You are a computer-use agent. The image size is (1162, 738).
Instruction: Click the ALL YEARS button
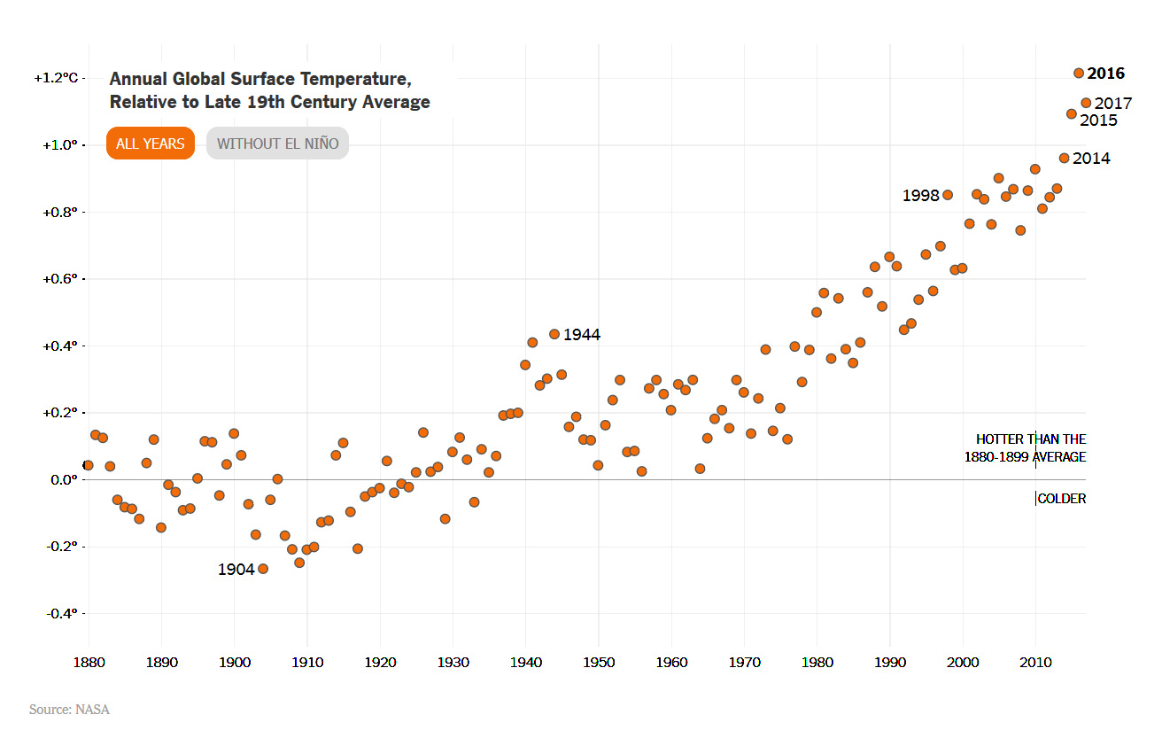151,144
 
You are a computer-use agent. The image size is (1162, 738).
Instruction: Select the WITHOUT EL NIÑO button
277,144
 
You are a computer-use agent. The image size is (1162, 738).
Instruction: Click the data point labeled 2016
1079,74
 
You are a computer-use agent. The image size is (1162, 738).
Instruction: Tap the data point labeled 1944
554,334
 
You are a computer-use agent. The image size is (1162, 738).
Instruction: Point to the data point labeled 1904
262,569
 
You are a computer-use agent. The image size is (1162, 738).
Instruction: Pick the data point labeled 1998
948,195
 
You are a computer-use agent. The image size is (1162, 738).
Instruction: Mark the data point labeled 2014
1065,158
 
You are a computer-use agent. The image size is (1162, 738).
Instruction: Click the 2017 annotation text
1113,104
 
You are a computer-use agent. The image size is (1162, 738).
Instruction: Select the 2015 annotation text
1098,120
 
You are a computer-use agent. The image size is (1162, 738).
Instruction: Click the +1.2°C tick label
57,78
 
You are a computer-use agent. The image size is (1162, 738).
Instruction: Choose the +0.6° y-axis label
60,279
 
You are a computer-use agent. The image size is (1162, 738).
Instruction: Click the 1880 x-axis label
89,662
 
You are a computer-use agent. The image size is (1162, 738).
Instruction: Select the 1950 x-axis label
598,662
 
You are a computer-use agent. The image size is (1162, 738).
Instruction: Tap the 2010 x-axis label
1035,662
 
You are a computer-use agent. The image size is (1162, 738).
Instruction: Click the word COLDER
1061,499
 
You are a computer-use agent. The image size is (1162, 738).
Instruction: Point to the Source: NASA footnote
69,710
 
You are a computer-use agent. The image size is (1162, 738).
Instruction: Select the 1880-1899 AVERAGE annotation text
1025,457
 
